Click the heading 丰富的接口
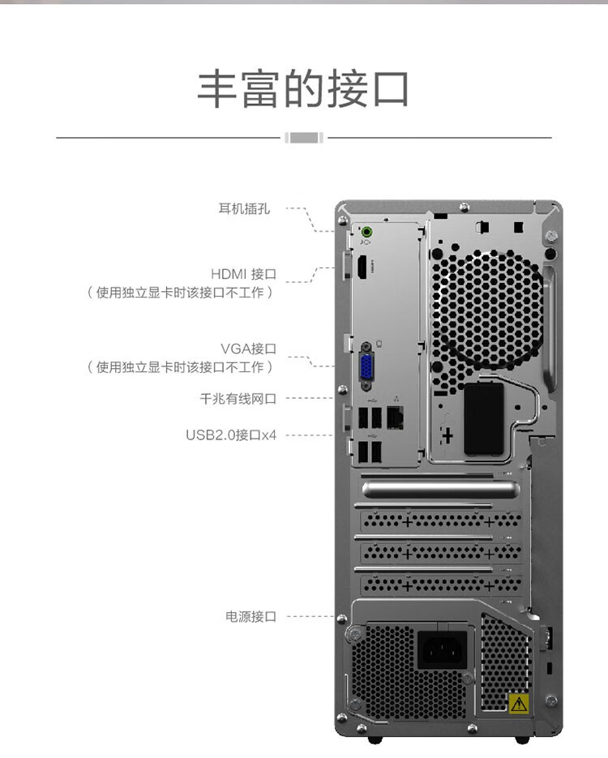click(303, 89)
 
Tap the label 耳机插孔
click(244, 208)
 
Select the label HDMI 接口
click(243, 274)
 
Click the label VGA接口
click(248, 349)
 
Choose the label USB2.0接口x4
click(231, 435)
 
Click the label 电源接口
click(250, 616)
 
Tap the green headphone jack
click(366, 229)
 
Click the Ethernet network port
click(396, 416)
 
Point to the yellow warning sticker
click(518, 703)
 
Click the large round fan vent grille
click(486, 308)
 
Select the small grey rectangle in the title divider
click(304, 137)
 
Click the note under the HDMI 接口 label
click(179, 293)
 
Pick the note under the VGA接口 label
click(179, 367)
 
